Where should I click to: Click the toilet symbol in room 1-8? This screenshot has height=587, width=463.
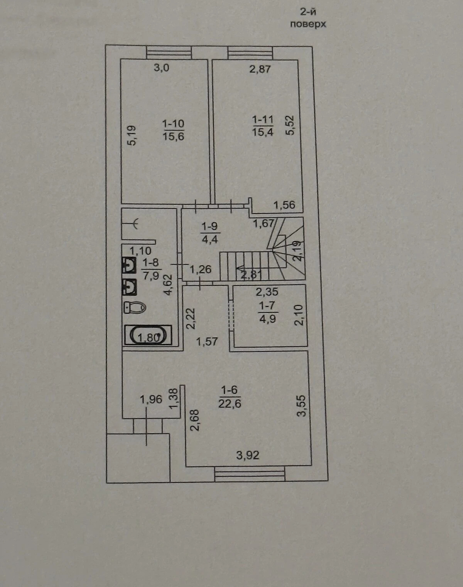[x=135, y=307]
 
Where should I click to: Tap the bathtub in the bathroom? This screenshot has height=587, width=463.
[x=148, y=335]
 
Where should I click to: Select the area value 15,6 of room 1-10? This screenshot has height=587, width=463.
[x=173, y=136]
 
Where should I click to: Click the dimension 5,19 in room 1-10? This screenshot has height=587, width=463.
[x=132, y=136]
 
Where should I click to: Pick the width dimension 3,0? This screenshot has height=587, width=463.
[x=162, y=67]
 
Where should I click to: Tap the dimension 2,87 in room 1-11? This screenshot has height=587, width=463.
[x=260, y=69]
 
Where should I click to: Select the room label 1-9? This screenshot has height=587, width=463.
[x=210, y=226]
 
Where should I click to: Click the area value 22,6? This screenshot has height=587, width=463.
[x=230, y=403]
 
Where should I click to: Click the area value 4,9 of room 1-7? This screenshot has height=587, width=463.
[x=267, y=319]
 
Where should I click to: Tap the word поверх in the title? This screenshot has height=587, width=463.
[x=308, y=25]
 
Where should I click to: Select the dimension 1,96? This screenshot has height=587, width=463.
[x=151, y=400]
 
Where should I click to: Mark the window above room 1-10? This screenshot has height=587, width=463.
[x=169, y=53]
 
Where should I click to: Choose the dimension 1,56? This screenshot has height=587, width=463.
[x=284, y=205]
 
